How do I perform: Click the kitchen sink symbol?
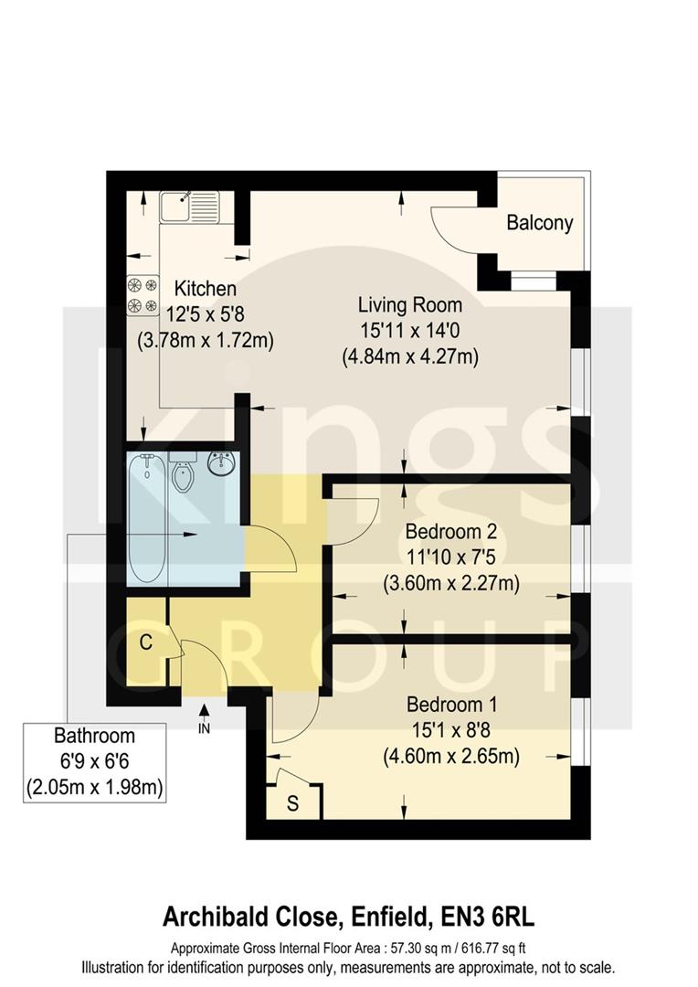pyautogui.click(x=186, y=207)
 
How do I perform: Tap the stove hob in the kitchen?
pyautogui.click(x=143, y=294)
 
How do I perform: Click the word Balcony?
pyautogui.click(x=539, y=222)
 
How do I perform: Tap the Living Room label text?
pyautogui.click(x=409, y=304)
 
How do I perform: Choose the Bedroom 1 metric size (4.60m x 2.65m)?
pyautogui.click(x=450, y=756)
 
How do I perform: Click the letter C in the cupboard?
pyautogui.click(x=144, y=642)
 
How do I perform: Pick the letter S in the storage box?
pyautogui.click(x=292, y=805)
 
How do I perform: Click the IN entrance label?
pyautogui.click(x=204, y=729)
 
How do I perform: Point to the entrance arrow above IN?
pyautogui.click(x=204, y=711)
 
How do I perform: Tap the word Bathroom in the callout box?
pyautogui.click(x=94, y=736)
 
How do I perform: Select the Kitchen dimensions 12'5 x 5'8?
pyautogui.click(x=206, y=313)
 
